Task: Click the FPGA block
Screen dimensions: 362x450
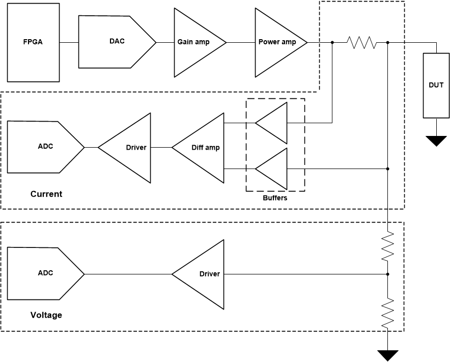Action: pos(33,42)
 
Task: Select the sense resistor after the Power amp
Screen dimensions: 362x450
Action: pos(362,42)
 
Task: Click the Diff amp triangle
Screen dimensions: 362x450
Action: pos(201,148)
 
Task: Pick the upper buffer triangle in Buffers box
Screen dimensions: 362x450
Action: pos(273,123)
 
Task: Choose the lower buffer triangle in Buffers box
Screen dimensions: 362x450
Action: pos(273,169)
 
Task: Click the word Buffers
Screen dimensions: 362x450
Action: pos(275,198)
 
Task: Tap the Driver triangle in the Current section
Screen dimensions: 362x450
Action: pos(130,148)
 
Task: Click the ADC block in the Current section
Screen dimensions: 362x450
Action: pos(43,147)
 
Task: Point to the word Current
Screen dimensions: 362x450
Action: pos(46,194)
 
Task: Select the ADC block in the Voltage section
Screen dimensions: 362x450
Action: pos(43,273)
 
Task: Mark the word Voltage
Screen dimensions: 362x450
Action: pos(46,315)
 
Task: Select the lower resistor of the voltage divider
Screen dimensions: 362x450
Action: pos(388,313)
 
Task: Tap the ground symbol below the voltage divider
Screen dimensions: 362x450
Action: pos(388,355)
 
